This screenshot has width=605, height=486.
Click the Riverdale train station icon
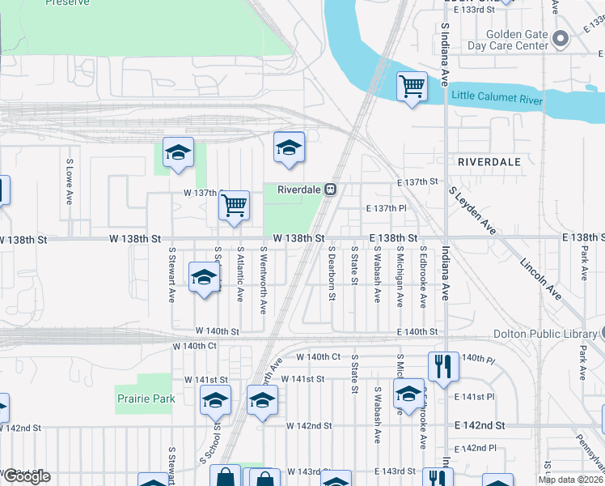click(331, 190)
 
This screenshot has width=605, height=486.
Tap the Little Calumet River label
click(497, 98)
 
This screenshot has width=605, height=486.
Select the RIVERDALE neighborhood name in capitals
click(489, 162)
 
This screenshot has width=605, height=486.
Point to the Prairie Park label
click(146, 399)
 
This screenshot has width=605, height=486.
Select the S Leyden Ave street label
click(472, 211)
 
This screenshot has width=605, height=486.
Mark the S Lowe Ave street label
click(70, 181)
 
